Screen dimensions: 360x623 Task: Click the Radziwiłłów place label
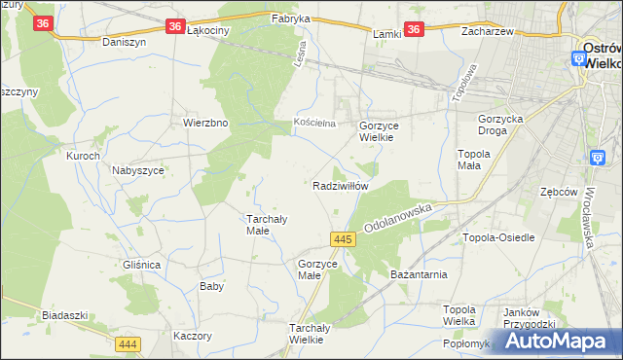tap(340, 185)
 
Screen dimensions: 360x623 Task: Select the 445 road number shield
tap(341, 238)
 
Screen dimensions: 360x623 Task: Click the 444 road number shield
tap(128, 344)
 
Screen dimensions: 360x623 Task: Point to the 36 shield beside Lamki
tap(415, 30)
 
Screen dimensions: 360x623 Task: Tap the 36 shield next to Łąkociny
tap(173, 27)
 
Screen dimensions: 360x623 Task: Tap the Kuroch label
tap(83, 156)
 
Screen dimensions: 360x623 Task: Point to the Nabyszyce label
tap(137, 169)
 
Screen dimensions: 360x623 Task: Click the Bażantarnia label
tap(419, 274)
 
